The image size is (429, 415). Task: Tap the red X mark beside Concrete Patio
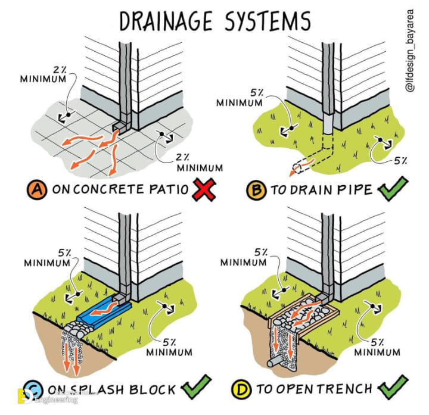coord(203,190)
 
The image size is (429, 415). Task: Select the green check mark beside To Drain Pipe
coord(392,191)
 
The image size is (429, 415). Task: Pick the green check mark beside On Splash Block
coord(197,389)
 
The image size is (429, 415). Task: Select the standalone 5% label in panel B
coord(400,160)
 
